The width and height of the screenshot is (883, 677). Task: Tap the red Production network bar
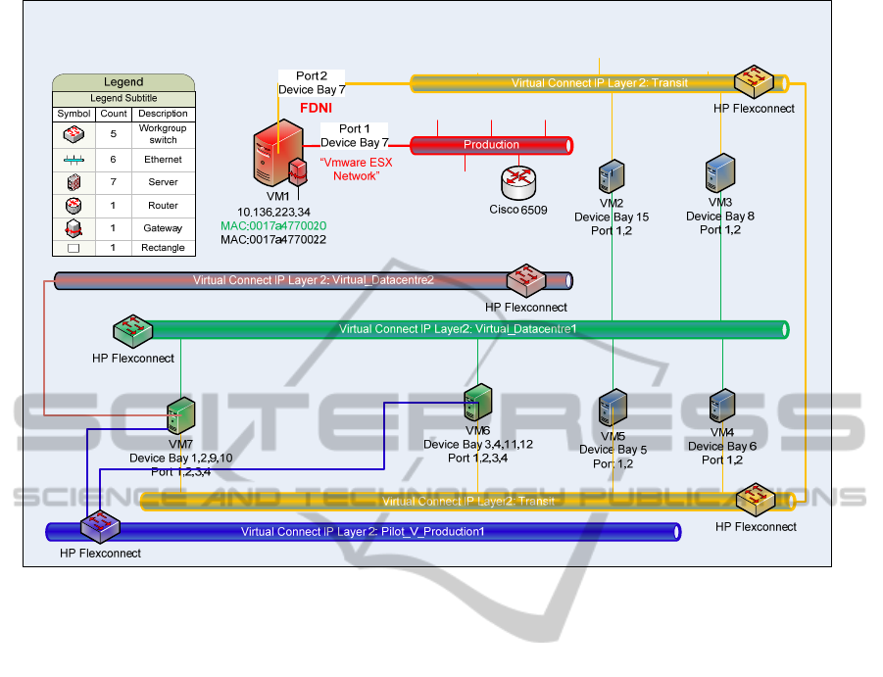pyautogui.click(x=491, y=145)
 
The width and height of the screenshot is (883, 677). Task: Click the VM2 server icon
pyautogui.click(x=612, y=176)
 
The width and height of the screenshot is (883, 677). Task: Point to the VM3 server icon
pyautogui.click(x=720, y=172)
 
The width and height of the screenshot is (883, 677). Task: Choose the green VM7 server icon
pyautogui.click(x=180, y=417)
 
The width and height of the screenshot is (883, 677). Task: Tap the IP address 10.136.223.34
pyautogui.click(x=274, y=212)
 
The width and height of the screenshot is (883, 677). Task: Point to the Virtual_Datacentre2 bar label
pyautogui.click(x=314, y=280)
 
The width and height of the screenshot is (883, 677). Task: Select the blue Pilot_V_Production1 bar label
pyautogui.click(x=363, y=532)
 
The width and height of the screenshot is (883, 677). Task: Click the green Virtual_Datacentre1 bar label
pyautogui.click(x=458, y=329)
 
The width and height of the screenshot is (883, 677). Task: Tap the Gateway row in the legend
pyautogui.click(x=123, y=227)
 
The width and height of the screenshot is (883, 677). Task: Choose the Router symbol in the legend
pyautogui.click(x=74, y=205)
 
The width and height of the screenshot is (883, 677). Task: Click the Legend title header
pyautogui.click(x=123, y=82)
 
